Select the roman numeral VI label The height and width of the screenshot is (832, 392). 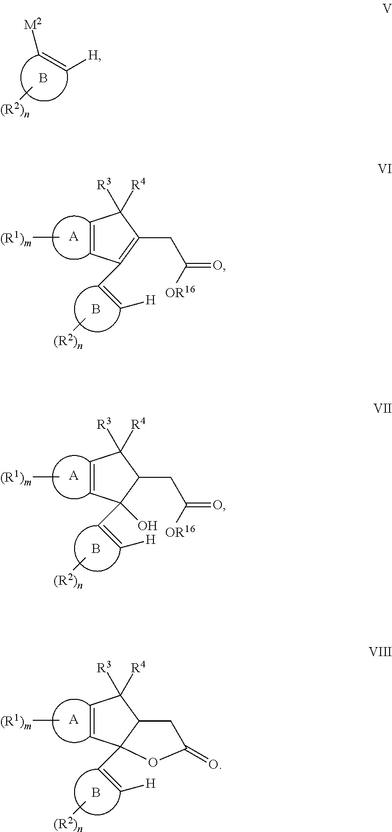pos(384,169)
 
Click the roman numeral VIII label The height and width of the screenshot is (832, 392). pos(380,652)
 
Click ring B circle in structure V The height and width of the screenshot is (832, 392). pos(21,78)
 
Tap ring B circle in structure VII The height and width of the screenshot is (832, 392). pos(76,549)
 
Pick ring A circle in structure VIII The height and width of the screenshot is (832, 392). pos(53,719)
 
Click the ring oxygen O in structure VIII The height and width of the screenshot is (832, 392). pos(152,763)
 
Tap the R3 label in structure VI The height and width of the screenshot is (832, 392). pos(104,184)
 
